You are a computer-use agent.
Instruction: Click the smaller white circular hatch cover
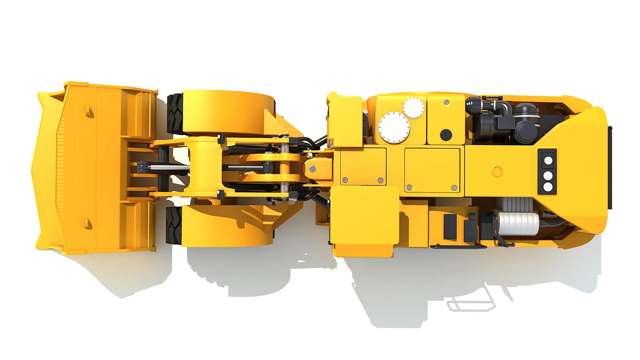point(413,108)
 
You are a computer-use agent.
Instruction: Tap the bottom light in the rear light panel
point(548,187)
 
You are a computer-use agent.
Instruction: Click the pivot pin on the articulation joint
point(312,168)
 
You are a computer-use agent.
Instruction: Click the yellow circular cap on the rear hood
point(497,171)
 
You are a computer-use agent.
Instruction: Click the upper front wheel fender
point(227,112)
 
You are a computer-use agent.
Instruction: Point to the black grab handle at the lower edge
point(458,247)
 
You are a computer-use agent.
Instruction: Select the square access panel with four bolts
point(432,170)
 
